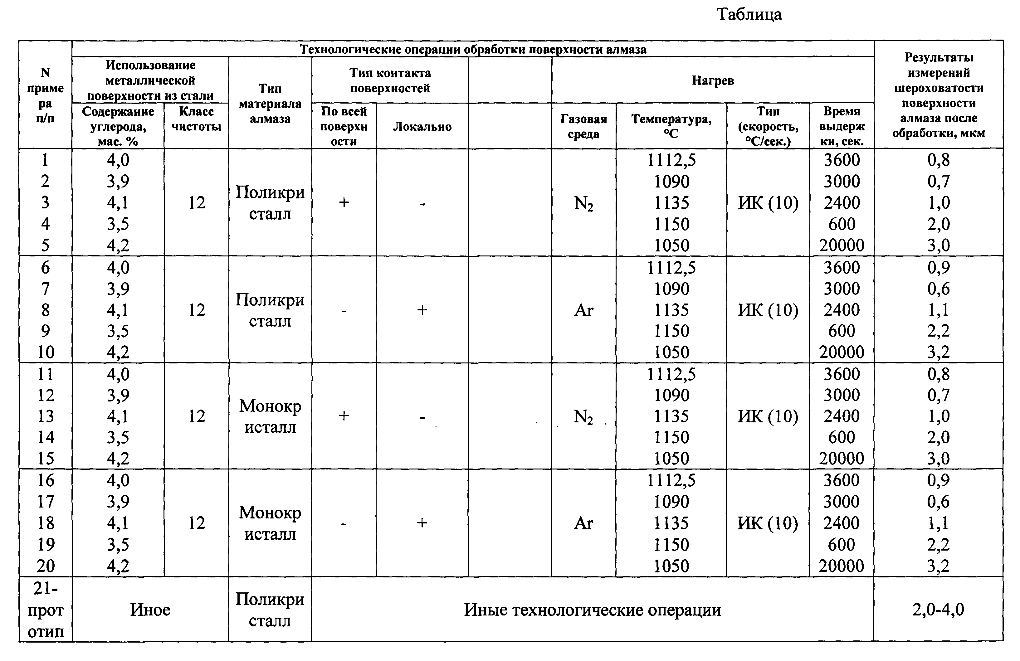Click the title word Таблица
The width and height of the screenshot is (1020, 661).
point(749,15)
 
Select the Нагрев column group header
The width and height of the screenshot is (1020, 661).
point(713,80)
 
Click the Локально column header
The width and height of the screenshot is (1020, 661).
point(422,126)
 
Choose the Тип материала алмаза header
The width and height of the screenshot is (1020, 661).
point(270,104)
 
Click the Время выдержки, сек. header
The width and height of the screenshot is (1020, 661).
point(842,126)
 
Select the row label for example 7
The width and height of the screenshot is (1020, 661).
point(46,289)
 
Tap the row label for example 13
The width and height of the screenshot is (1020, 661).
point(46,416)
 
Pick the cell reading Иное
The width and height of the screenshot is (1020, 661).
point(150,610)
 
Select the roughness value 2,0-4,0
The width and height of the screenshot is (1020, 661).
point(938,609)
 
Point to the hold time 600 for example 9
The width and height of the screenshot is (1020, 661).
point(842,331)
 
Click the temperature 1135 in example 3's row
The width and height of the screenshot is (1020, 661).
point(671,203)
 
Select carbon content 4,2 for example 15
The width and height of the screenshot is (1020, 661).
point(118,458)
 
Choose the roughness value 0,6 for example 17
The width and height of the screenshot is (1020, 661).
point(938,502)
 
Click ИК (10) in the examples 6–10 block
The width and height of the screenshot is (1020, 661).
point(768,310)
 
